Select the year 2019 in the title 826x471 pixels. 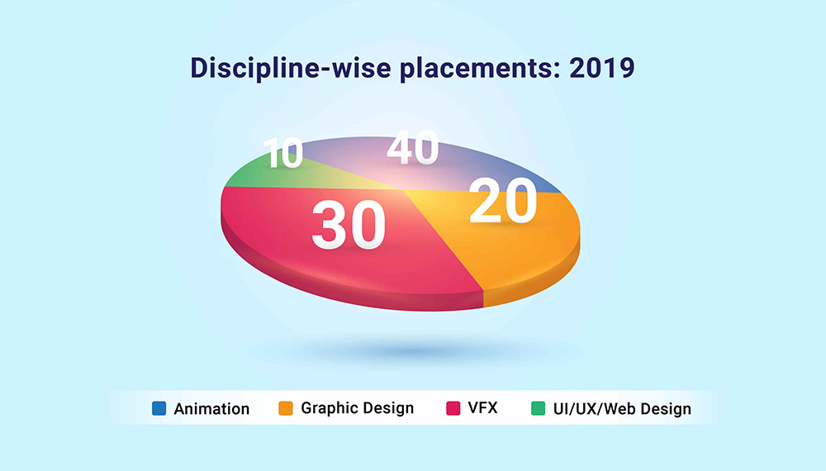click(x=602, y=68)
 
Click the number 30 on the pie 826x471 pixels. click(x=349, y=225)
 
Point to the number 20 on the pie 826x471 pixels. click(x=503, y=200)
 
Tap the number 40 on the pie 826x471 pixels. click(x=412, y=147)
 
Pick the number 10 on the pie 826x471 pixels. click(x=283, y=153)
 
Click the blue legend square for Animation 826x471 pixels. click(x=159, y=408)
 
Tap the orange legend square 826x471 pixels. click(x=286, y=408)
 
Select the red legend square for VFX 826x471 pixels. click(x=453, y=408)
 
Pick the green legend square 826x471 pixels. click(x=538, y=408)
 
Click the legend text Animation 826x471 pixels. click(x=211, y=409)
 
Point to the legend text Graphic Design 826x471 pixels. click(x=357, y=408)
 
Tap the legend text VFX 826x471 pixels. click(x=482, y=407)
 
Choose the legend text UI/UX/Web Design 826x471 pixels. click(x=622, y=409)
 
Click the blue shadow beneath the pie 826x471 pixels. click(x=416, y=350)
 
